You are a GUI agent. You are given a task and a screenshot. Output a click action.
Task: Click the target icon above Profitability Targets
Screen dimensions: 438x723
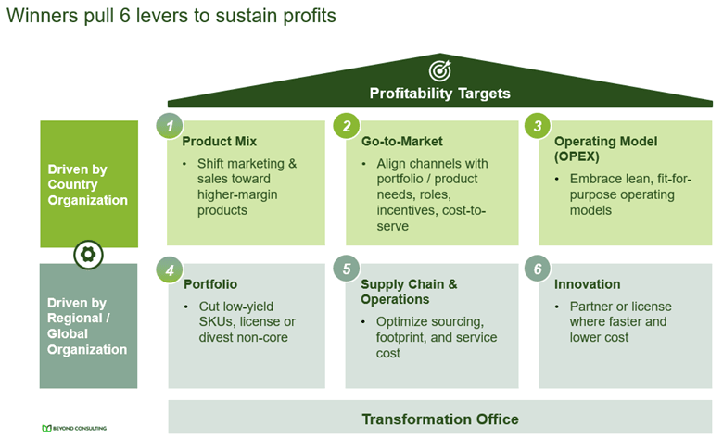(439, 70)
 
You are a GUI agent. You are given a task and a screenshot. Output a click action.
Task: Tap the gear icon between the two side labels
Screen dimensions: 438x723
(88, 254)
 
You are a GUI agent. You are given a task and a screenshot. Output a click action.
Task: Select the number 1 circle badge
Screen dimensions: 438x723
(169, 126)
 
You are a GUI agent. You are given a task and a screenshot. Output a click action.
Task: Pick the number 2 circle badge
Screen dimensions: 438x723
(347, 126)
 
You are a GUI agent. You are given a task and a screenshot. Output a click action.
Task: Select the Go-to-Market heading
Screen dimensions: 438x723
(401, 142)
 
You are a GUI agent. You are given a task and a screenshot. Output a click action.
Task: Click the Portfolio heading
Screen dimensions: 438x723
(210, 284)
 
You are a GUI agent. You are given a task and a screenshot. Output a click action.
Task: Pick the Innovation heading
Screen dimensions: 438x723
(588, 284)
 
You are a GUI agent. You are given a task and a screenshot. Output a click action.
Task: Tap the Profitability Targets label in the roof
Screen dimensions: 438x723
(439, 94)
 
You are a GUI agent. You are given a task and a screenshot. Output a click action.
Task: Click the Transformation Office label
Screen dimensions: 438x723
(439, 419)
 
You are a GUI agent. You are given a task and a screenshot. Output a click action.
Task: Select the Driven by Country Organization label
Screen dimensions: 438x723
(88, 184)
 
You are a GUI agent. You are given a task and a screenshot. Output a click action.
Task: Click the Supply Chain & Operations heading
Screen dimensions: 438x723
(409, 292)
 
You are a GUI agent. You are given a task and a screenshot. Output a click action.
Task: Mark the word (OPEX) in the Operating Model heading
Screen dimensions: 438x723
(577, 156)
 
